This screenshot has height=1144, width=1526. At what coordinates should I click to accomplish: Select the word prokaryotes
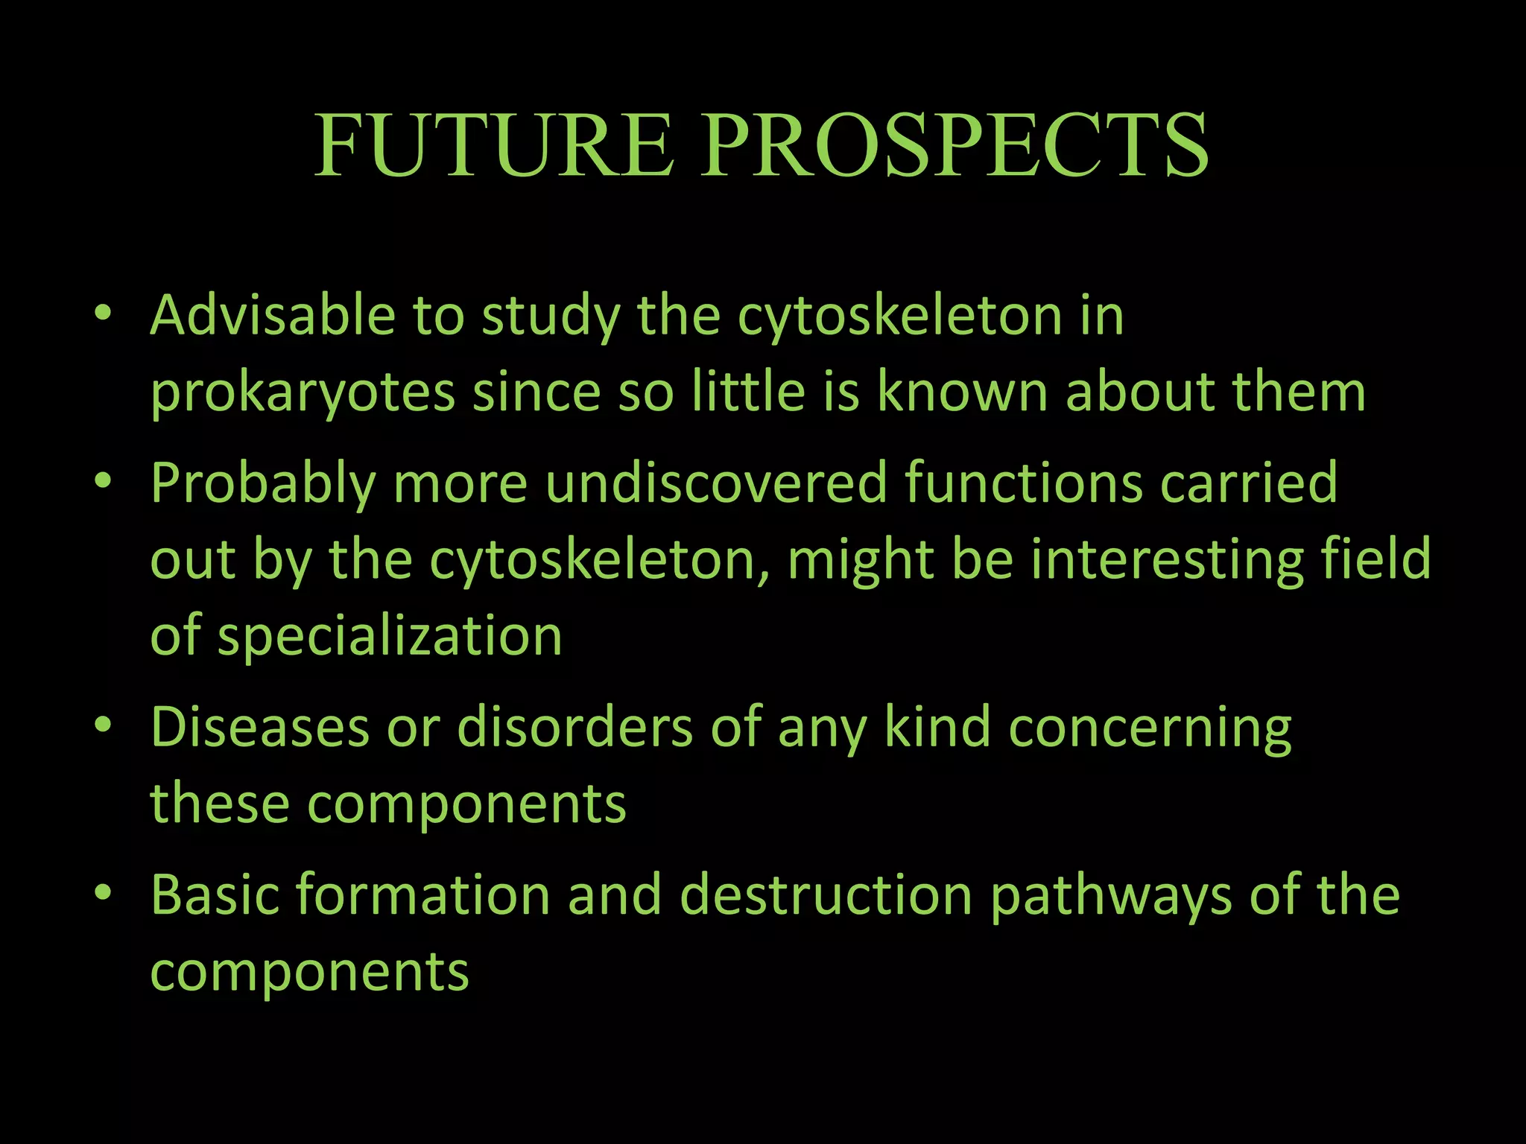point(303,393)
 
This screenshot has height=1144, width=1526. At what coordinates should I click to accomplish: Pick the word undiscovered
point(716,483)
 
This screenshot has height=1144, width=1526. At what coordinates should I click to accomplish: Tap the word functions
point(1023,483)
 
